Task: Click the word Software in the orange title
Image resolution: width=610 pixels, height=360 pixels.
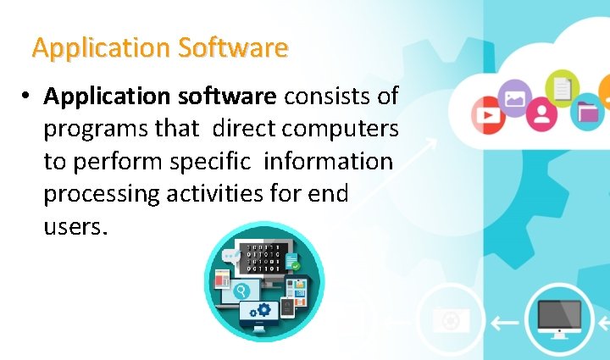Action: point(234,47)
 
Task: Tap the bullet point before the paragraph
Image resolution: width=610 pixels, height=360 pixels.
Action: point(29,97)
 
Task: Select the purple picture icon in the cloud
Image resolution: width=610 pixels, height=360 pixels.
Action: point(515,98)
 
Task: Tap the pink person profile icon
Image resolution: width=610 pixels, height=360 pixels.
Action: point(542,114)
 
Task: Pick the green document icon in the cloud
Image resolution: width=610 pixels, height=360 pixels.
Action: point(561,86)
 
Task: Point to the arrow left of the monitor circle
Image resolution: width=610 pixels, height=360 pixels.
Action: point(506,322)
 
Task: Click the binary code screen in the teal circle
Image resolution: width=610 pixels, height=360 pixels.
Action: point(263,253)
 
